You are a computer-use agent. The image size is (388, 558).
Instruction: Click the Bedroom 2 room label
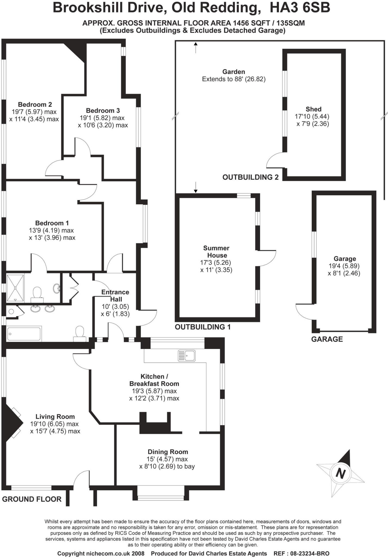pos(35,104)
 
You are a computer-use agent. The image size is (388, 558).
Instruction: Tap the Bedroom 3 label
pos(103,110)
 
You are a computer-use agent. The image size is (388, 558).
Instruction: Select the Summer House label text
pos(216,251)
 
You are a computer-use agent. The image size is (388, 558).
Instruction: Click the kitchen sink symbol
pos(187,356)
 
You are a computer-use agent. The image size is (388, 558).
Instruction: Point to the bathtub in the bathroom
pos(24,333)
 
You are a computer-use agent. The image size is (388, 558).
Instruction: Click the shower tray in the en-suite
pos(15,288)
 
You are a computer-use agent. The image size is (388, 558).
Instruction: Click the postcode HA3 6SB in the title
pos(300,8)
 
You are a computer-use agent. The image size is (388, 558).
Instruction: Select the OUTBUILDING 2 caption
pos(250,177)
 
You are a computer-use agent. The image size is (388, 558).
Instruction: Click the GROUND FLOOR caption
pos(32,499)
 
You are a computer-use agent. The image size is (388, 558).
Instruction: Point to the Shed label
pos(313,109)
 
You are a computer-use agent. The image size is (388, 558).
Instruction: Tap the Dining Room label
pos(168,452)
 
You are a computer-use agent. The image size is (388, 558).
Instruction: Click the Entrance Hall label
pos(115,296)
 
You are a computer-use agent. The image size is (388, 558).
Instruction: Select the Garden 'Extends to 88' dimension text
pos(234,79)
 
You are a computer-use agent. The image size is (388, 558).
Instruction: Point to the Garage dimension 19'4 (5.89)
pos(344,266)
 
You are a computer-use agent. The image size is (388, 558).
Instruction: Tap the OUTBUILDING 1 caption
pos(203,327)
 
